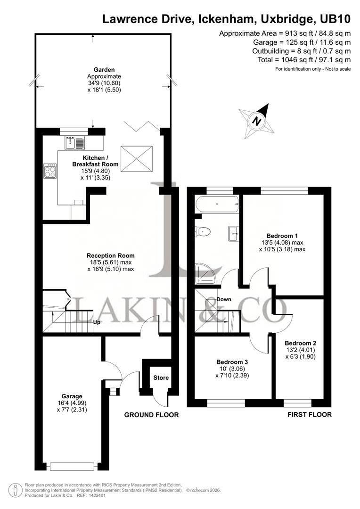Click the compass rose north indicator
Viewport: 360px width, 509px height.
pos(257,120)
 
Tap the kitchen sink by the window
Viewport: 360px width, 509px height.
pos(71,142)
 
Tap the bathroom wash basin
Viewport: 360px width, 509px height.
pos(233,232)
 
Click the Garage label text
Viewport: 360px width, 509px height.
pos(72,396)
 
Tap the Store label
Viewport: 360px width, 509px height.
pos(161,378)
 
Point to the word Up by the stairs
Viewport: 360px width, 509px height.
pos(97,323)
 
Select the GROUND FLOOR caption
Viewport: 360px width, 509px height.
pos(151,415)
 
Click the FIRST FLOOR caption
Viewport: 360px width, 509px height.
pos(309,415)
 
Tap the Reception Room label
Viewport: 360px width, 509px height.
pos(110,255)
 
